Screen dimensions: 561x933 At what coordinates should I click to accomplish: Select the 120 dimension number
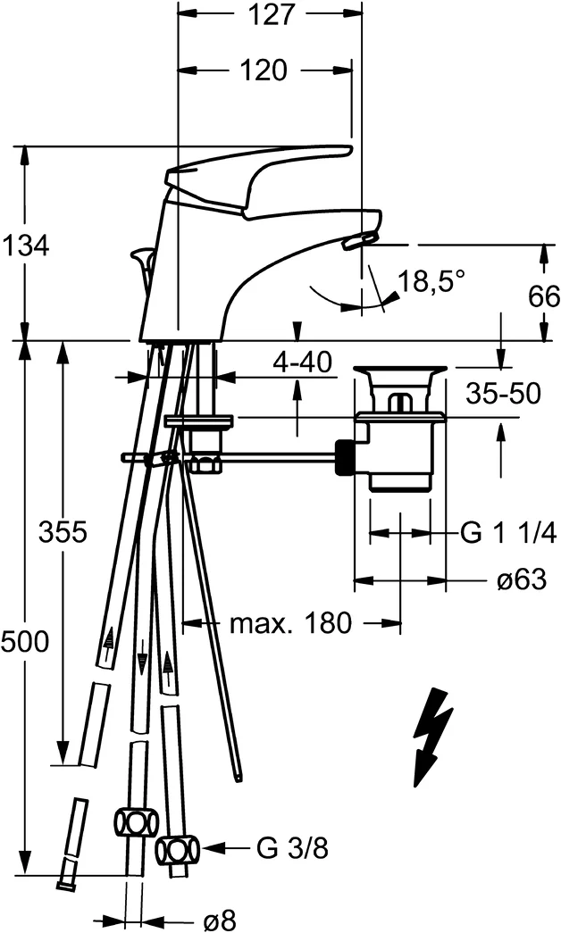point(264,71)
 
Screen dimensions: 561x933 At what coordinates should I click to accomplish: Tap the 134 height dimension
point(24,246)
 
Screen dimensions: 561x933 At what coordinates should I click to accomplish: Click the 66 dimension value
point(544,296)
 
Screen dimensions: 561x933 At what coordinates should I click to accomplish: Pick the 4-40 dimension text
point(302,362)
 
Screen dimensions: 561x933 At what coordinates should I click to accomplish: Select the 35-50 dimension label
point(503,394)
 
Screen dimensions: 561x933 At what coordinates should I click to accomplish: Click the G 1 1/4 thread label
point(508,534)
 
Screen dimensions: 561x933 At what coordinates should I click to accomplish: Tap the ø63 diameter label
point(522,579)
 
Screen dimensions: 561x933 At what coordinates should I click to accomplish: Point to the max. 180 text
point(291,623)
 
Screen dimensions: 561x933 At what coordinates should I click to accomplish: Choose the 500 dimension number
point(24,642)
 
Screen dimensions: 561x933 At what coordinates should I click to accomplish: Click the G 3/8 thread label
point(292,848)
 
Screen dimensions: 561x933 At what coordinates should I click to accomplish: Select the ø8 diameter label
point(220,921)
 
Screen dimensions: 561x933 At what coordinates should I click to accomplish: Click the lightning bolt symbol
point(431,737)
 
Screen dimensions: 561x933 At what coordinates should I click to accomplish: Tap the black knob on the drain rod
point(347,458)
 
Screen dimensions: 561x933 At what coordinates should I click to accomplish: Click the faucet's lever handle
point(259,177)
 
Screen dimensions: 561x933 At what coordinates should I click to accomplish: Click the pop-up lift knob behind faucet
point(143,262)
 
